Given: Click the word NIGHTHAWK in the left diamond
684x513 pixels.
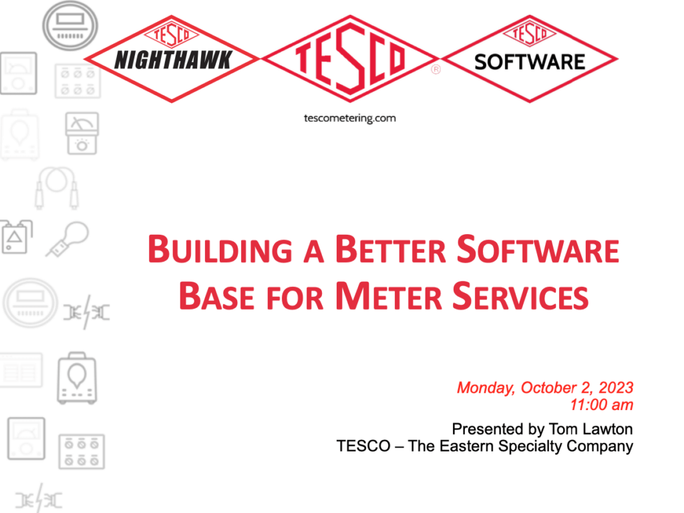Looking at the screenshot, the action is click(x=173, y=60).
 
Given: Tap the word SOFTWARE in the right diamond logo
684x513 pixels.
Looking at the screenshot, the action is click(x=530, y=62).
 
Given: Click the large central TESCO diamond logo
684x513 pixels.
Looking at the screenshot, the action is click(x=350, y=59).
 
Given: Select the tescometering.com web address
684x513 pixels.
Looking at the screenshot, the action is click(x=350, y=118).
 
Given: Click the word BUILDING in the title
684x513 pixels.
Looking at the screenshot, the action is click(x=220, y=249).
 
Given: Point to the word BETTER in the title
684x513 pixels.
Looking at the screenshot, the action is click(x=390, y=249).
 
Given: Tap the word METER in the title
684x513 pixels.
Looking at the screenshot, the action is click(x=389, y=296).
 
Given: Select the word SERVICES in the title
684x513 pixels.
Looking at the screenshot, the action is click(x=520, y=296).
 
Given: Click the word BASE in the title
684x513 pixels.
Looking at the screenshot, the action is click(x=216, y=296).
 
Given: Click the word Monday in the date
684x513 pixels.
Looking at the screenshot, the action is click(x=486, y=387).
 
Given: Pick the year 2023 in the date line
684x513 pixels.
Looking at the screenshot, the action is click(x=615, y=387).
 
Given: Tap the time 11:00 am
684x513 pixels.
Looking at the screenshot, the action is click(x=602, y=405).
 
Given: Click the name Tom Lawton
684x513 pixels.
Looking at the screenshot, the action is click(x=590, y=429).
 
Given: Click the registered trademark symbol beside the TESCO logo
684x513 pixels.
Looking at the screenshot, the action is click(x=436, y=70).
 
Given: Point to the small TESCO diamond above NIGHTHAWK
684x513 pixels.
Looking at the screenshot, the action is click(x=172, y=33).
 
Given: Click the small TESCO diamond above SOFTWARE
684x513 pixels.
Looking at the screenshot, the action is click(x=530, y=33).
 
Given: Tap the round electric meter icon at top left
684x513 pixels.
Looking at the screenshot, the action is click(x=69, y=25).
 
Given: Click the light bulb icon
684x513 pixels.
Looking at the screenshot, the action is click(x=67, y=239).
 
